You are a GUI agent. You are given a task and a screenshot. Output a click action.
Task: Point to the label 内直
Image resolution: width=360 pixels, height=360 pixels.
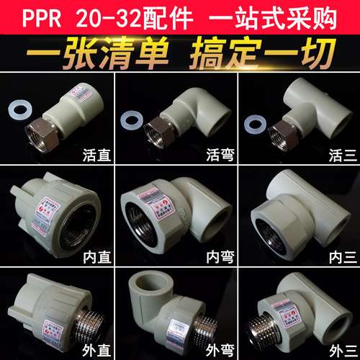pos(96,255)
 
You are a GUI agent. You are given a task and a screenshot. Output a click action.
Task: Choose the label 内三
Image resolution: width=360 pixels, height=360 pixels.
pos(338,255)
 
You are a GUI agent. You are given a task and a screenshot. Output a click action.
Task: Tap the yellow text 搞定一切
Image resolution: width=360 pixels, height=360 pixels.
pos(264,52)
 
